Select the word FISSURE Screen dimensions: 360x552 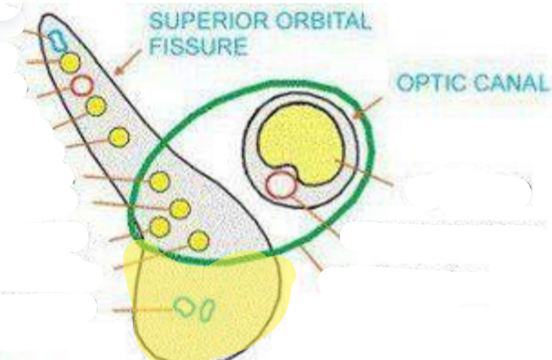click(198, 46)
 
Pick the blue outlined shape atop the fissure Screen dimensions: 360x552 click(56, 39)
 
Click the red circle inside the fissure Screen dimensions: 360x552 click(82, 85)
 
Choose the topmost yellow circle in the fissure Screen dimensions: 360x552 click(70, 63)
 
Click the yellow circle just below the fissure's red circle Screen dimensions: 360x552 click(95, 107)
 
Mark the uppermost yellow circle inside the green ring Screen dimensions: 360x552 click(159, 182)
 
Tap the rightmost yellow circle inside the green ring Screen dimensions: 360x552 click(199, 241)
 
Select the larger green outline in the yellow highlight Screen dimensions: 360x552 click(185, 307)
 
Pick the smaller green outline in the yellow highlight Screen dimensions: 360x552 click(207, 310)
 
